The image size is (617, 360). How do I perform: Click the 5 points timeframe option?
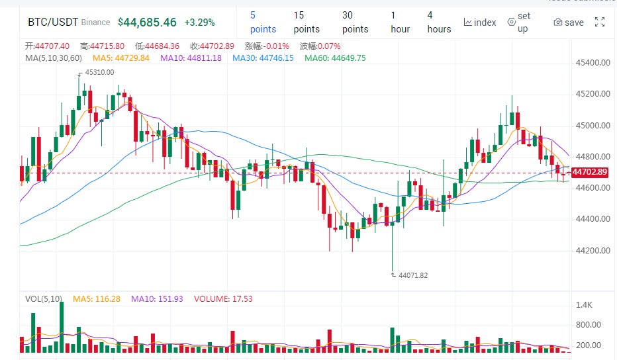[x=263, y=22]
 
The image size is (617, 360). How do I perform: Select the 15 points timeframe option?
[x=307, y=22]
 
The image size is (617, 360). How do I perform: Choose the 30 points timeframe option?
[x=355, y=22]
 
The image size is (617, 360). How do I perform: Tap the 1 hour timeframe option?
[x=400, y=22]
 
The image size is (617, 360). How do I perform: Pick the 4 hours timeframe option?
[x=439, y=22]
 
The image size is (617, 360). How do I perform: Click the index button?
[x=480, y=22]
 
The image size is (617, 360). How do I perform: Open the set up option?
[x=519, y=22]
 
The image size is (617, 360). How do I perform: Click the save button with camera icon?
[x=569, y=22]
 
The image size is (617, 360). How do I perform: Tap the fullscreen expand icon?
[x=600, y=22]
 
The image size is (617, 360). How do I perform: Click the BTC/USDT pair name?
[x=53, y=22]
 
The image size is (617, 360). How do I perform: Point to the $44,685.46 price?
[x=147, y=22]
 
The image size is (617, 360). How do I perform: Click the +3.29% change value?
[x=199, y=22]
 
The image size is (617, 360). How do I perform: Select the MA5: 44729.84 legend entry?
[x=121, y=58]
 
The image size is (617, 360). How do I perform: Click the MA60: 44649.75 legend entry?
[x=335, y=58]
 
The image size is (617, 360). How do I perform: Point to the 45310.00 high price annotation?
[x=99, y=72]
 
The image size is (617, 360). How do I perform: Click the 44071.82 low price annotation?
[x=413, y=275]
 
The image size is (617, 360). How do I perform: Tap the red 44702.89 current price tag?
[x=589, y=172]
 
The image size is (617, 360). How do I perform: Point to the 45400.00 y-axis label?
[x=593, y=63]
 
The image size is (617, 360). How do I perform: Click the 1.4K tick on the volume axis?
[x=584, y=305]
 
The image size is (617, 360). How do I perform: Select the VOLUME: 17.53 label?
[x=223, y=299]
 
